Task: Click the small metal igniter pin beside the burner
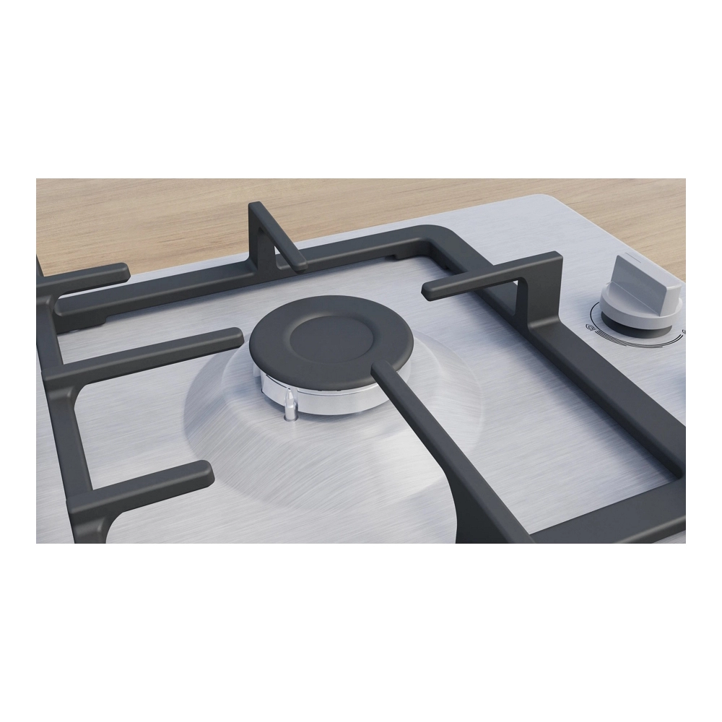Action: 290,407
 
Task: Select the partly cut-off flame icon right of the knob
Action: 682,333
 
